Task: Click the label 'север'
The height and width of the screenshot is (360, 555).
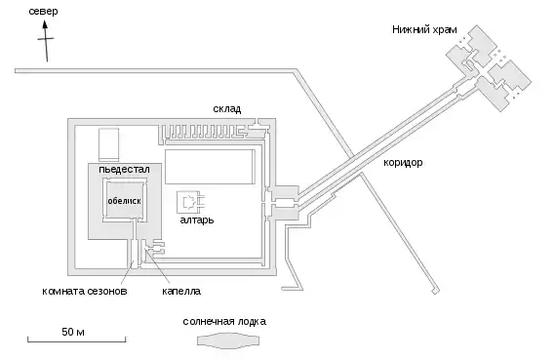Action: pos(43,12)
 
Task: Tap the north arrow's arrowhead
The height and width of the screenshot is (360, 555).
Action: pos(45,24)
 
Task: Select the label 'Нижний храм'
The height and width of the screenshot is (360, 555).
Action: pos(424,29)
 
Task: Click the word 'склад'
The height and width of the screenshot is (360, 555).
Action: pos(227,108)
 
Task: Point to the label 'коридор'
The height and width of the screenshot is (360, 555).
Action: pos(403,163)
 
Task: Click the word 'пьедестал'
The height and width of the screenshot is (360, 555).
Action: pos(124,169)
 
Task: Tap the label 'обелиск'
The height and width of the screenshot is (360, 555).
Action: pos(124,201)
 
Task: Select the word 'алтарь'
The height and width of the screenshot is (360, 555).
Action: pos(197,220)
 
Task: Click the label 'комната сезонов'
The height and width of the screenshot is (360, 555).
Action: pos(85,292)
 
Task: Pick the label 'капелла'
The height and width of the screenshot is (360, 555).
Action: pos(181,292)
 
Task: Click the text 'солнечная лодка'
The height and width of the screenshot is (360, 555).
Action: pos(224,321)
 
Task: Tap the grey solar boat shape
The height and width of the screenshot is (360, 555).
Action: pos(228,340)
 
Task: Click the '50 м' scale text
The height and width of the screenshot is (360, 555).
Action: pos(73,332)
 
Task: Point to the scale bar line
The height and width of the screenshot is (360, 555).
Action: pos(76,341)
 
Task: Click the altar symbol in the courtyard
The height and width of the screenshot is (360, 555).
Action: pos(191,203)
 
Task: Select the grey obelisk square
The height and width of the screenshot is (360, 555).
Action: pos(124,200)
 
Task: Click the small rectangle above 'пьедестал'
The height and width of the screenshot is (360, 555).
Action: pos(108,144)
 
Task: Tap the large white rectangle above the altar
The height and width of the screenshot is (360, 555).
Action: pos(210,167)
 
